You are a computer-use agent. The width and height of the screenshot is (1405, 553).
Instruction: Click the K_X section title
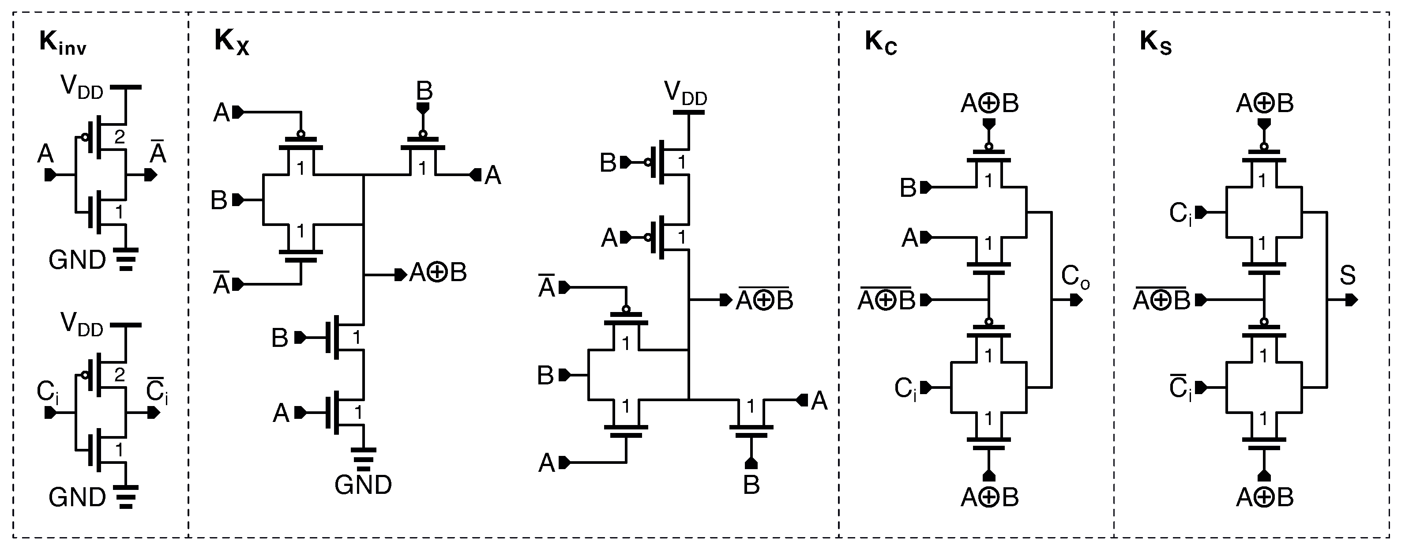pyautogui.click(x=231, y=42)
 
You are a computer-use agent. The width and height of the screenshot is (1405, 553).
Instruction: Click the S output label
pyautogui.click(x=1347, y=275)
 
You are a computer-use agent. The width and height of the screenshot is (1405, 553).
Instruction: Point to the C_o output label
pyautogui.click(x=1075, y=277)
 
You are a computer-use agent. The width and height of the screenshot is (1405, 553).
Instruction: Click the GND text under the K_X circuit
pyautogui.click(x=363, y=485)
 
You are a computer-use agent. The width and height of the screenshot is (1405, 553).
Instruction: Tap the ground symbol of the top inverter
pyautogui.click(x=127, y=259)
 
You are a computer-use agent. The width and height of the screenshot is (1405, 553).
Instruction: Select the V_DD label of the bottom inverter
pyautogui.click(x=82, y=324)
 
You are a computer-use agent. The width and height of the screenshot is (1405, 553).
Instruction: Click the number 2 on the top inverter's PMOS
pyautogui.click(x=120, y=137)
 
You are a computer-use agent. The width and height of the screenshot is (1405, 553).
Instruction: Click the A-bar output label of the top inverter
pyautogui.click(x=158, y=153)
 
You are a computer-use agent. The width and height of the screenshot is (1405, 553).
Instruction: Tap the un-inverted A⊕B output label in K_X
pyautogui.click(x=438, y=273)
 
